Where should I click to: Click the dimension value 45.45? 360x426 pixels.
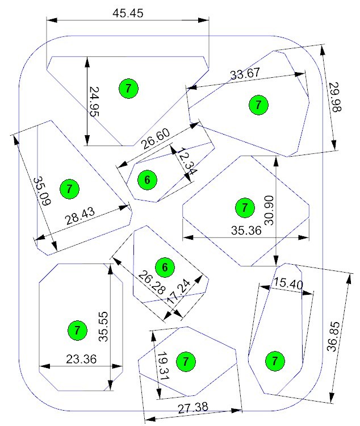tap(128, 13)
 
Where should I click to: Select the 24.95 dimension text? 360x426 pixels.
tap(94, 101)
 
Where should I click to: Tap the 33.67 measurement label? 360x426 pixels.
tap(245, 74)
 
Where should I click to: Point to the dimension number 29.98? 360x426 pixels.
tap(335, 97)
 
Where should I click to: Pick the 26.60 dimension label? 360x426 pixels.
tap(156, 139)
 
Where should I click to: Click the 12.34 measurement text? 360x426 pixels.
tap(187, 161)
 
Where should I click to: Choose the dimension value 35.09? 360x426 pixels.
tap(42, 191)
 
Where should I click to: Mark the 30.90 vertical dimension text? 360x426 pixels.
tap(269, 210)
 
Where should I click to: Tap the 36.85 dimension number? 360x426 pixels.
tap(333, 337)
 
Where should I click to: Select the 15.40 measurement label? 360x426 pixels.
tap(288, 283)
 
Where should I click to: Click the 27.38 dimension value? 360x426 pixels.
tap(193, 408)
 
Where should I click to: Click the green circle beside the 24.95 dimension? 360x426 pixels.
tap(128, 89)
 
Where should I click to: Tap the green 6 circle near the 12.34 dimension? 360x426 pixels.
tap(147, 180)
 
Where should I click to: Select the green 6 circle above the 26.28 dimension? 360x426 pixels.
tap(165, 268)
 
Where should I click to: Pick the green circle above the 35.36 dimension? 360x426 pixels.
tap(245, 208)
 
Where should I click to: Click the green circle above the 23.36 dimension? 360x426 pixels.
tap(77, 331)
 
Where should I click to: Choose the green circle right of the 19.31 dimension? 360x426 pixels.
tap(186, 362)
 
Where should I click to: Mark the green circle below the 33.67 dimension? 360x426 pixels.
tap(258, 105)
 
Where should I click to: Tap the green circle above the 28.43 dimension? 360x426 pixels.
tap(69, 189)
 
